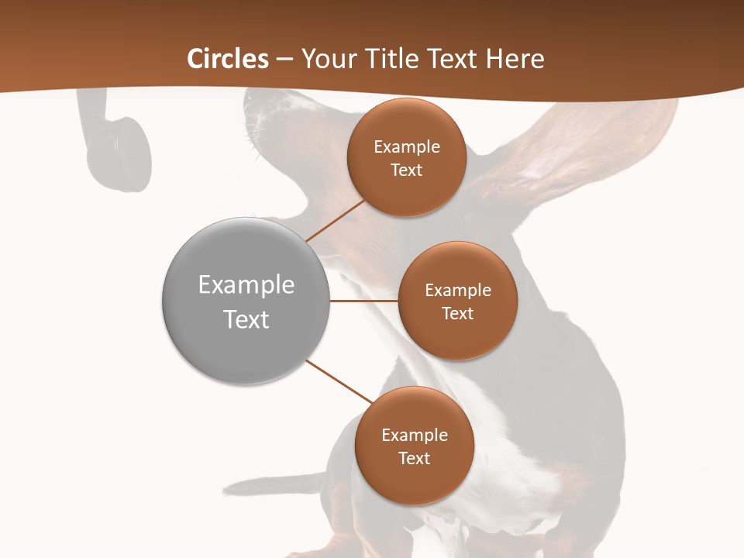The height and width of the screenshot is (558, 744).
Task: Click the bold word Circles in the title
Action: click(228, 59)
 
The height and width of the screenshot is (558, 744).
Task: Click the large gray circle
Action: click(246, 301)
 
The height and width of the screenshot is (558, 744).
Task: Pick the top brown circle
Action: click(406, 157)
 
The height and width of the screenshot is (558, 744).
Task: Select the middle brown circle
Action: click(457, 301)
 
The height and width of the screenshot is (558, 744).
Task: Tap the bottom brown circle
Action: click(414, 446)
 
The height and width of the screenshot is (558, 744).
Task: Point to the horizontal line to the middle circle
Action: click(363, 301)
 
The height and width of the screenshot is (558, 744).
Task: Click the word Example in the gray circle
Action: click(246, 285)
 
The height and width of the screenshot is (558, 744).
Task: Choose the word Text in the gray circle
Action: click(246, 319)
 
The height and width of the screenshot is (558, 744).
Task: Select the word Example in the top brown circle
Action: click(407, 146)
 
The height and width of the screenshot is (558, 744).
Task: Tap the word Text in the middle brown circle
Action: click(457, 313)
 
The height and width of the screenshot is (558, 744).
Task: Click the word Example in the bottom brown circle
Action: click(415, 435)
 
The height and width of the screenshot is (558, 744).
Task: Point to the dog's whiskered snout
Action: click(260, 116)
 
